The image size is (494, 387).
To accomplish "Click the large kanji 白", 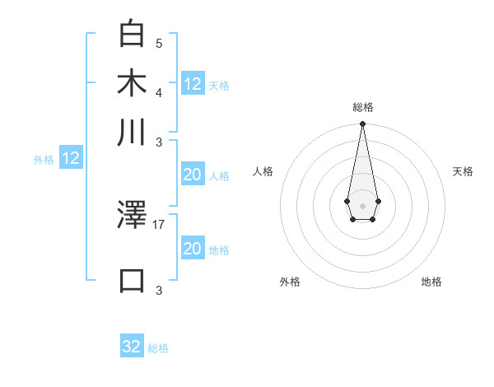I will point(132,35).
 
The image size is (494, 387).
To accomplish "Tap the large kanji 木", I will point(132,84).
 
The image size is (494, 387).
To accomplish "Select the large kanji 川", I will point(132,133).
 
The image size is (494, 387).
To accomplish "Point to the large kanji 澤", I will point(132,216).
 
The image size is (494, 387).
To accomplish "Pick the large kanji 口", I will point(132,280).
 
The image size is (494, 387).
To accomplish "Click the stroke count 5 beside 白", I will point(159,43).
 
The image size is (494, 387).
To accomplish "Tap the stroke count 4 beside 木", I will point(159,91).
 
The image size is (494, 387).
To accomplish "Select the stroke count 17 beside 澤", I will point(159,223).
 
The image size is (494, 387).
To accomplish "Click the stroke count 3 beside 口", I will point(159,289).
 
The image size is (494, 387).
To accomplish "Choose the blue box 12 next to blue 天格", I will point(193,83).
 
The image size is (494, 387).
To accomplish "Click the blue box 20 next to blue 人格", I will point(193,175).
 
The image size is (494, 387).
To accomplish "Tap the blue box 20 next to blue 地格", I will point(193,249).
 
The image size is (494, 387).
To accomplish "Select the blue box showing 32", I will point(132,347).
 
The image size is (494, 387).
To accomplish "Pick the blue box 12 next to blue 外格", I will point(71,158).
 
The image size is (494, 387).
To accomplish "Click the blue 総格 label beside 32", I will point(158,348).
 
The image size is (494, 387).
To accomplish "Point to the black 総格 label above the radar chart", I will point(362,107).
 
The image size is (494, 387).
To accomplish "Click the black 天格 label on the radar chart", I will point(463,171).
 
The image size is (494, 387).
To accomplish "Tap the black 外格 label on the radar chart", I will point(290,282).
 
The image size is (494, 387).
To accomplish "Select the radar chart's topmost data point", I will point(362,124).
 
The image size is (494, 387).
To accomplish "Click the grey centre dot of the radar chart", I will point(362,204).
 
